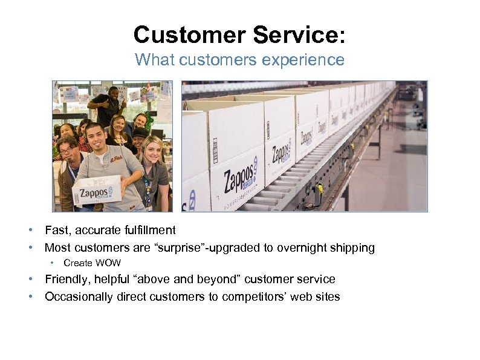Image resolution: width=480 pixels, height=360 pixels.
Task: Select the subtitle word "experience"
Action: click(310, 60)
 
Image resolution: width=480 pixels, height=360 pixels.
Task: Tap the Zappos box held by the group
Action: click(97, 190)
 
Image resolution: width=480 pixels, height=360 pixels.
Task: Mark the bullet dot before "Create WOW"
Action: click(53, 263)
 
